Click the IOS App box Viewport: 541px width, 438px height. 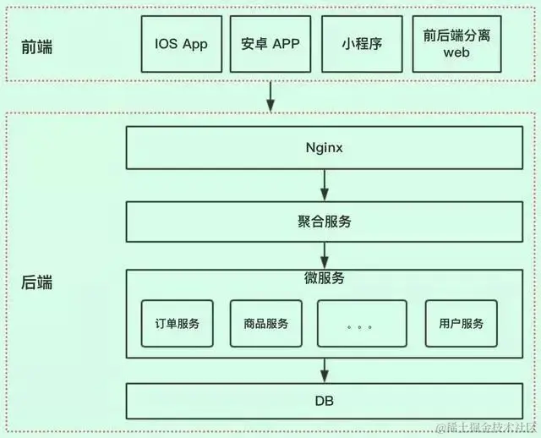[182, 43]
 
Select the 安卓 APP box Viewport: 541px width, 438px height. [271, 43]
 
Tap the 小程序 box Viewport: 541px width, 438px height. [362, 43]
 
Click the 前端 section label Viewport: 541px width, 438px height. [36, 47]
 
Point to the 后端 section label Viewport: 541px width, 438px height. [36, 282]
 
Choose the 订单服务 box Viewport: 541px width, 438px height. [178, 323]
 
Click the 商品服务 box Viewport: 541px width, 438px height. [266, 323]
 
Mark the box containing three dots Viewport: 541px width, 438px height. [361, 323]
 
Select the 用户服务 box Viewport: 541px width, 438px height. [461, 323]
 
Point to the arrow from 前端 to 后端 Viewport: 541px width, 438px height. [270, 96]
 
